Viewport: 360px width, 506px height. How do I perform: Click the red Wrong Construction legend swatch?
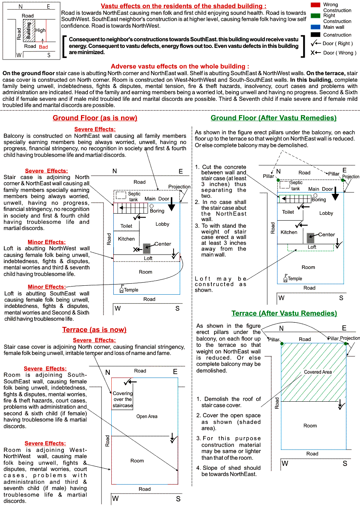[315, 5]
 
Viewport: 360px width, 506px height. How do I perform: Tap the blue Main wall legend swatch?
[315, 27]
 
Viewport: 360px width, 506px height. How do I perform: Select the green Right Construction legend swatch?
[315, 16]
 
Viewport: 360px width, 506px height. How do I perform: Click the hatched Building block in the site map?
[29, 30]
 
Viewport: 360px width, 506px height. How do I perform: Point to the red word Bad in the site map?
[43, 47]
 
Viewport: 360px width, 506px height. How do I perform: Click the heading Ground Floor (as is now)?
[95, 118]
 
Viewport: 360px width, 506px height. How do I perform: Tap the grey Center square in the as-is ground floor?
[147, 248]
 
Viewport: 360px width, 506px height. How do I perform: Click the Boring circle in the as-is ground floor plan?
[151, 206]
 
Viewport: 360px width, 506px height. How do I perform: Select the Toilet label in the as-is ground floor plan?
[126, 226]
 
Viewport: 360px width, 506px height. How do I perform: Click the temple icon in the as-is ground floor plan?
[122, 289]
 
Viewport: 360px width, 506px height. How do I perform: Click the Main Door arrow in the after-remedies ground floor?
[335, 194]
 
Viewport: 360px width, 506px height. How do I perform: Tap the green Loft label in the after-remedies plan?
[312, 247]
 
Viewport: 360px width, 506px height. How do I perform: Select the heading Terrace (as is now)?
[94, 330]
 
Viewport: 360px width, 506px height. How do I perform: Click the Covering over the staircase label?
[123, 399]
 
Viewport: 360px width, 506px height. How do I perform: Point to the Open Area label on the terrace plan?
[147, 416]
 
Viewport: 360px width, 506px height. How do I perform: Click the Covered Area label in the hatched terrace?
[318, 372]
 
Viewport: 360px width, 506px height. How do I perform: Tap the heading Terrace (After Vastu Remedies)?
[284, 313]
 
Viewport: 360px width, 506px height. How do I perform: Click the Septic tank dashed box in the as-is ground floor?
[121, 195]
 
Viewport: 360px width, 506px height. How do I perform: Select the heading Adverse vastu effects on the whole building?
[180, 67]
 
